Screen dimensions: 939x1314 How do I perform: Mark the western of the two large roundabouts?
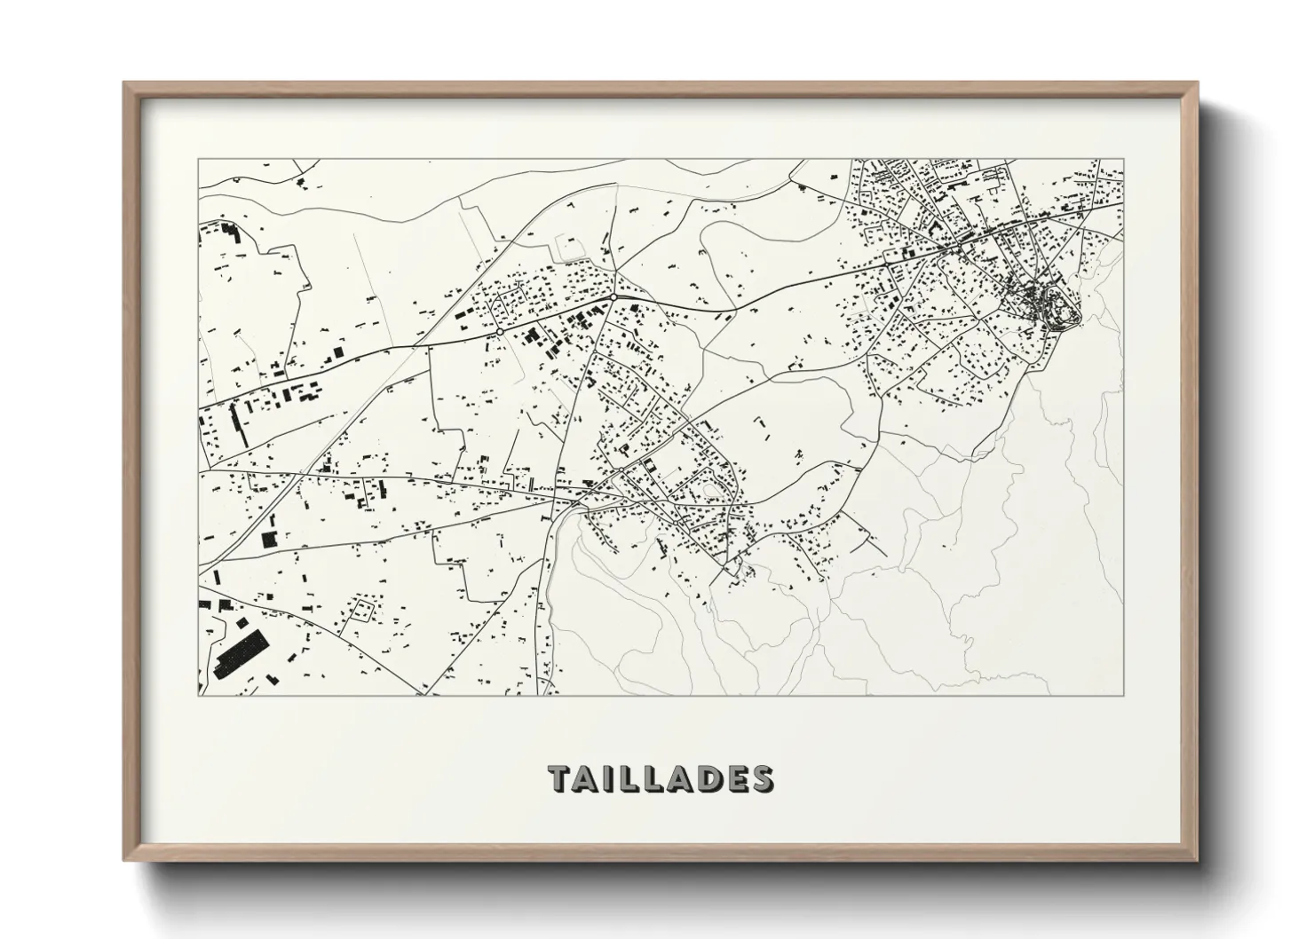(x=500, y=331)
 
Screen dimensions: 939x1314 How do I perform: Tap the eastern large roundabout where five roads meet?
(x=613, y=297)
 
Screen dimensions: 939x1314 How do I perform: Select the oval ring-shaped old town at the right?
(x=1051, y=307)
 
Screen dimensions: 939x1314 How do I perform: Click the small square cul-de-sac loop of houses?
(x=363, y=610)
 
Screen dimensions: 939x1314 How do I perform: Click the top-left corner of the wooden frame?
(x=125, y=84)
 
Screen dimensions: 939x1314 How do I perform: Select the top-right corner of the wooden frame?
(x=1198, y=84)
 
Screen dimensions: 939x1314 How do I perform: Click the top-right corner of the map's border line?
(x=1124, y=160)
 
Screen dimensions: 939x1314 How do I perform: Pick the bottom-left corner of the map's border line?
(x=198, y=695)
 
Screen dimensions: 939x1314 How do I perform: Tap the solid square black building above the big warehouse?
(x=268, y=538)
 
